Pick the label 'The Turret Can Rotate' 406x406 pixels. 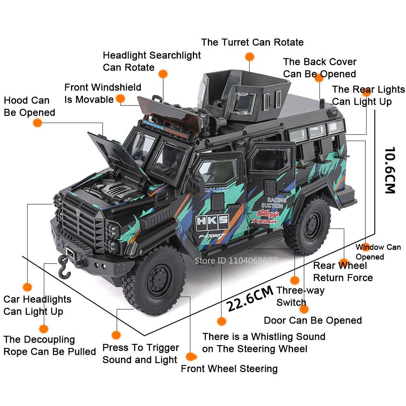(x=252, y=42)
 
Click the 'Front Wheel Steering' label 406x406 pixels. (x=229, y=369)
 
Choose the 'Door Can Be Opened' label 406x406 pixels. (x=313, y=320)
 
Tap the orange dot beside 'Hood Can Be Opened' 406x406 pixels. (x=37, y=123)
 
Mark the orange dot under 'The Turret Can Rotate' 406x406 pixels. (x=250, y=56)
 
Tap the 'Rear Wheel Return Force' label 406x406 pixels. (x=343, y=272)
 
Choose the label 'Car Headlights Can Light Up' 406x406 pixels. (x=37, y=305)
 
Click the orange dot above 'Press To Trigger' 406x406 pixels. (x=117, y=335)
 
